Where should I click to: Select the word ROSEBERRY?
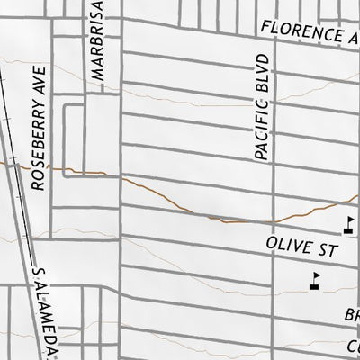pos(37,144)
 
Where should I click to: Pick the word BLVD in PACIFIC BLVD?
pos(262,71)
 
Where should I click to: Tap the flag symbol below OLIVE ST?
pos(313,283)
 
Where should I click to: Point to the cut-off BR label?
pos(351,316)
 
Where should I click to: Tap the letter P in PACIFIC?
pos(262,156)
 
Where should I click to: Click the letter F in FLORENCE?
pos(265,28)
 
